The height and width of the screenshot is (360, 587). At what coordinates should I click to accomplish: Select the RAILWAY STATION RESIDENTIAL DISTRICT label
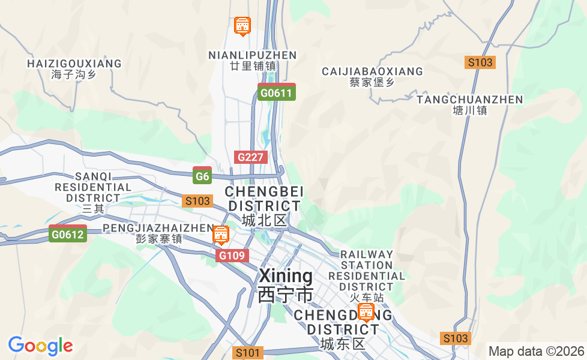(x=367, y=270)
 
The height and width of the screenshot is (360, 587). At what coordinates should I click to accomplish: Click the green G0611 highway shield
(x=276, y=92)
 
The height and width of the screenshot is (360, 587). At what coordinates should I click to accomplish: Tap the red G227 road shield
(x=250, y=157)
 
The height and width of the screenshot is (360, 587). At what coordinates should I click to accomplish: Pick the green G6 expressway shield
(x=202, y=176)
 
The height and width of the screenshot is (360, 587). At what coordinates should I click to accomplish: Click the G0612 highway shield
(x=67, y=234)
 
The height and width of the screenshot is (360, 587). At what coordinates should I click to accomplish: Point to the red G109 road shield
(x=232, y=256)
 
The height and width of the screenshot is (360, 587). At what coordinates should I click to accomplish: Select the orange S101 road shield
(x=248, y=353)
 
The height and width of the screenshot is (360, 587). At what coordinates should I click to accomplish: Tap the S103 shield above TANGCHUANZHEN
(x=480, y=62)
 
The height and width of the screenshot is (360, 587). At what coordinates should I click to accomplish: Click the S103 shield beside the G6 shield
(x=197, y=201)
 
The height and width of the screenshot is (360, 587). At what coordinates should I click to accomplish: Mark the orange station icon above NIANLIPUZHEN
(x=242, y=26)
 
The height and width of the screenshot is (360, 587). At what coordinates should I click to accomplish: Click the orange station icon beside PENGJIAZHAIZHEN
(x=221, y=235)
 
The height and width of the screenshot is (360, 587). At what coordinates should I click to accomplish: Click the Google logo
(x=40, y=346)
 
